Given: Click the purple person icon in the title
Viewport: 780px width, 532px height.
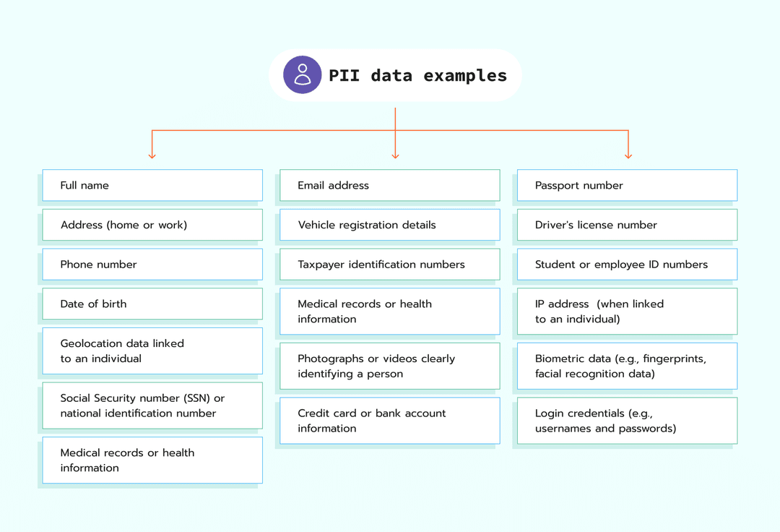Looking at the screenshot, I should pyautogui.click(x=303, y=74).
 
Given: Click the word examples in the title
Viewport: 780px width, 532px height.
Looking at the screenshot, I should pyautogui.click(x=465, y=75).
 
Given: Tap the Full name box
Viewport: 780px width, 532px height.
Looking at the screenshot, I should pyautogui.click(x=152, y=185).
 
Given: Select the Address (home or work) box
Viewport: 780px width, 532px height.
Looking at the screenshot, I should pyautogui.click(x=152, y=225).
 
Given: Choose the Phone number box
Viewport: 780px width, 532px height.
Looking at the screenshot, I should pyautogui.click(x=152, y=265).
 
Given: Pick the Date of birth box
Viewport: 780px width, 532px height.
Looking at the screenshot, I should pyautogui.click(x=152, y=304).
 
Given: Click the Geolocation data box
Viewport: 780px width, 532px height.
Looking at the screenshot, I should pyautogui.click(x=152, y=351).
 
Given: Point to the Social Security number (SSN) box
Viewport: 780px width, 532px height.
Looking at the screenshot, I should pyautogui.click(x=152, y=406).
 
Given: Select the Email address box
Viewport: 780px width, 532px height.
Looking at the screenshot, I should pyautogui.click(x=389, y=185).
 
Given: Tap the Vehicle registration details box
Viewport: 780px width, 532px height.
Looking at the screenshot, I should pyautogui.click(x=389, y=225).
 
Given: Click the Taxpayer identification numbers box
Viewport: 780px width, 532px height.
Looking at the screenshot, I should pyautogui.click(x=389, y=265).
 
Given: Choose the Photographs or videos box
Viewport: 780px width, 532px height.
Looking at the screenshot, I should pyautogui.click(x=389, y=366).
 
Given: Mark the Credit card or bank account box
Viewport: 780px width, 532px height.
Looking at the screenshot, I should pyautogui.click(x=389, y=421).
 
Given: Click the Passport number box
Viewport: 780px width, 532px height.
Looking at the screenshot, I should pyautogui.click(x=627, y=185).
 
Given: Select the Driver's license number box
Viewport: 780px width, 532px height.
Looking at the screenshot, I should pyautogui.click(x=627, y=225).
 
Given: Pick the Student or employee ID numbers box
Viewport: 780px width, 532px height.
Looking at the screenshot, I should pyautogui.click(x=627, y=265).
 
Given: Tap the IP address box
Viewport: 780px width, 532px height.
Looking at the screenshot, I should pyautogui.click(x=627, y=312).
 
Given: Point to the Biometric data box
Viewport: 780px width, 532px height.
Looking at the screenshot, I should pyautogui.click(x=627, y=366).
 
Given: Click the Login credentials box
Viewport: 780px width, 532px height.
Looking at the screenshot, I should pyautogui.click(x=627, y=421).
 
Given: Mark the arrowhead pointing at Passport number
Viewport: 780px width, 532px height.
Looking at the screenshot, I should pyautogui.click(x=628, y=155).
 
